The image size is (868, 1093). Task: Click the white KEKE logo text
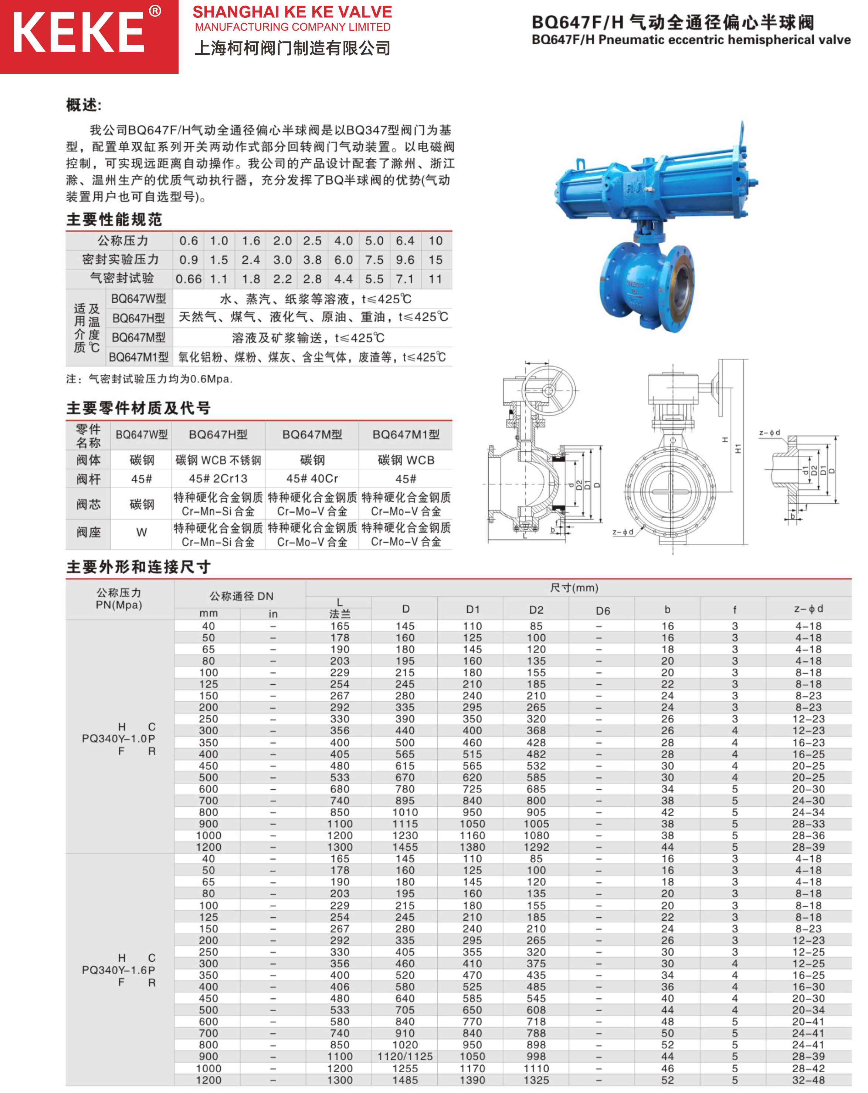pyautogui.click(x=78, y=33)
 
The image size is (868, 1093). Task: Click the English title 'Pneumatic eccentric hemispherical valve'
pyautogui.click(x=724, y=40)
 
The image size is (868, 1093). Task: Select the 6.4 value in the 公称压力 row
pyautogui.click(x=405, y=241)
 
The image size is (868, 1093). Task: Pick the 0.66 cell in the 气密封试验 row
pyautogui.click(x=189, y=279)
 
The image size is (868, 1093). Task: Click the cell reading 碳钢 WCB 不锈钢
pyautogui.click(x=218, y=460)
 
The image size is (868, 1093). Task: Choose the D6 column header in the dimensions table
pyautogui.click(x=603, y=610)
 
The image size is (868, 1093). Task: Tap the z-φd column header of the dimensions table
pyautogui.click(x=808, y=608)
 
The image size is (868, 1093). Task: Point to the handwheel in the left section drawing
pyautogui.click(x=548, y=390)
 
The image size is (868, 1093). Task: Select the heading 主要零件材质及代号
pyautogui.click(x=138, y=408)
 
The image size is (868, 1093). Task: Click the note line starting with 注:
pyautogui.click(x=149, y=379)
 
